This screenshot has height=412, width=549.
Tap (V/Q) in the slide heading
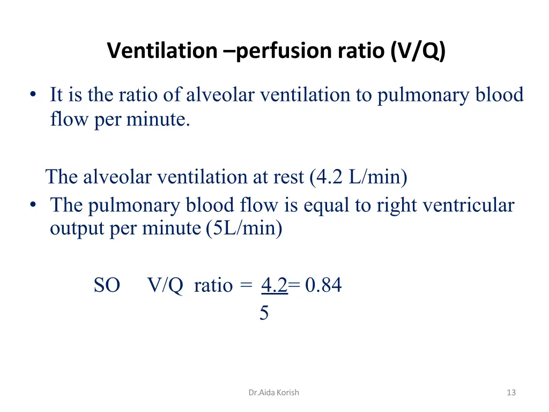[418, 51]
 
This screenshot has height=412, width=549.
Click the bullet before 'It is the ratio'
[34, 95]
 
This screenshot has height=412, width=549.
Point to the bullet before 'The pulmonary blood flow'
[34, 205]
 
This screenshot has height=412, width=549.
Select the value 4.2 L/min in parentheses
[358, 176]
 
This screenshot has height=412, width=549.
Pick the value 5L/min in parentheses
[244, 229]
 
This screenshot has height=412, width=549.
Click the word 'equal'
[323, 205]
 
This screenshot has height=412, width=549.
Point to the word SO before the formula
[107, 285]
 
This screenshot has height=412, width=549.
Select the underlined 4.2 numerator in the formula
[274, 285]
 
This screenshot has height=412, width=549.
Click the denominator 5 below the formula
[264, 313]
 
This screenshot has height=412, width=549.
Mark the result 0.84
[323, 285]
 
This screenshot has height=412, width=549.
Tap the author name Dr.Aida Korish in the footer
[273, 393]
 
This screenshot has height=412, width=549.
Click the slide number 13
[511, 393]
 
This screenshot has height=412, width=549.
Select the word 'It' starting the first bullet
[57, 95]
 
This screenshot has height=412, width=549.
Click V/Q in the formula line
[165, 285]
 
